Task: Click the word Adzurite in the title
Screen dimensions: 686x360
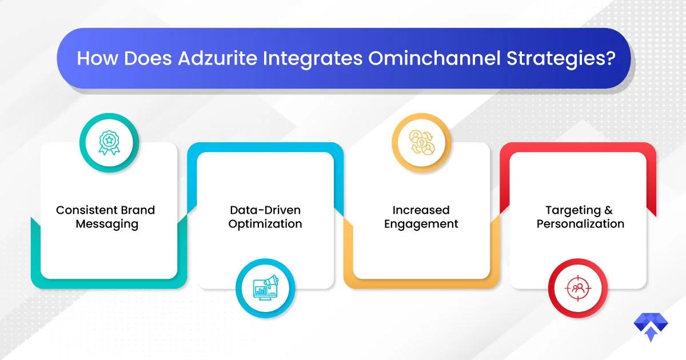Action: coord(217,58)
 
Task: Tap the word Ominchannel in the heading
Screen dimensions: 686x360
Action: coord(434,58)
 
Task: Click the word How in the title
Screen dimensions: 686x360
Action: coord(97,58)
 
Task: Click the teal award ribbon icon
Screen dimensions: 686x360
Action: coord(109,143)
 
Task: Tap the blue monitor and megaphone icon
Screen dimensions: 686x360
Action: coord(265,288)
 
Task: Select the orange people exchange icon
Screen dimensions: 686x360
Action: coord(422,142)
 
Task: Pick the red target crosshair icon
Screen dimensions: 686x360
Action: coord(578,288)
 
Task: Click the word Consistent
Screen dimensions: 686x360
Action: coord(87,210)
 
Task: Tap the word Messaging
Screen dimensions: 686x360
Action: coord(107,225)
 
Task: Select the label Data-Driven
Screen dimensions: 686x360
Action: coord(265,210)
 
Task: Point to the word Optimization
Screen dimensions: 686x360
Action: coord(265,225)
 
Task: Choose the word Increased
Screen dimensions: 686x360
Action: coord(421,210)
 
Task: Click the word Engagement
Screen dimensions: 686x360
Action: coord(421,225)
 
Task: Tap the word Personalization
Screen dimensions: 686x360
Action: coord(580,224)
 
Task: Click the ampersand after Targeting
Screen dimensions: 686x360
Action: coord(608,210)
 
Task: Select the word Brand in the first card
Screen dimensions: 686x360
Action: coord(138,210)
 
